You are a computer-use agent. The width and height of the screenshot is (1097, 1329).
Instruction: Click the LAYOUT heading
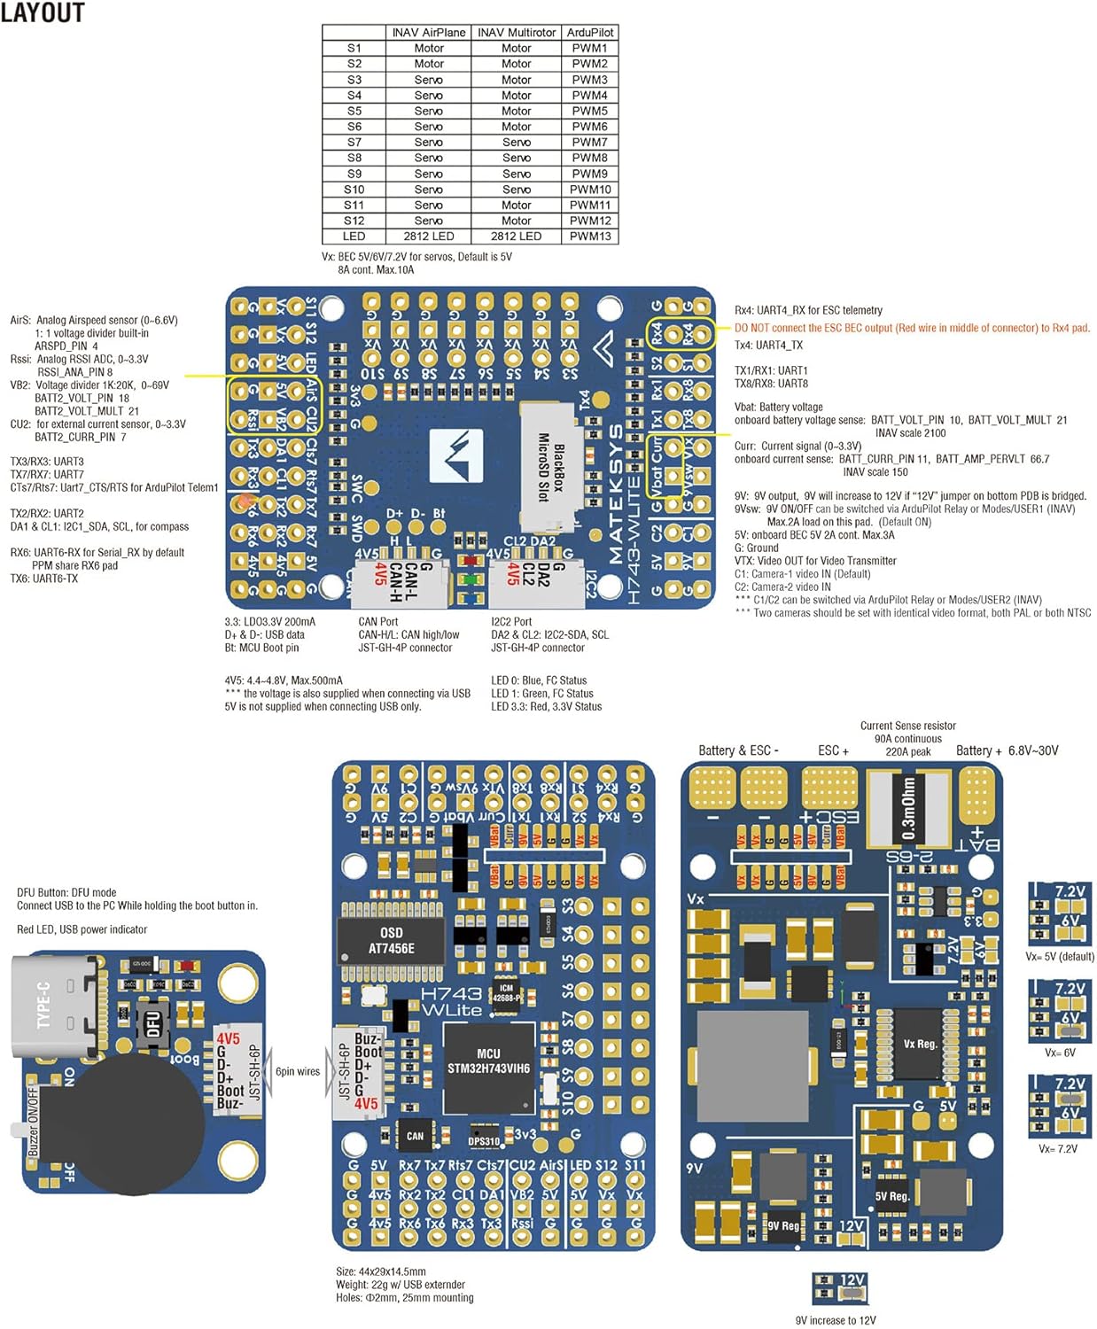coord(42,12)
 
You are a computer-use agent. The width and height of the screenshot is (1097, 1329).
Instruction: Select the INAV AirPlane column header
coord(428,33)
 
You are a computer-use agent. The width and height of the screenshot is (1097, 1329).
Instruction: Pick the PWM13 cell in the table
coord(590,237)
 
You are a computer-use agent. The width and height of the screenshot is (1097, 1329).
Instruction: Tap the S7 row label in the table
coord(354,143)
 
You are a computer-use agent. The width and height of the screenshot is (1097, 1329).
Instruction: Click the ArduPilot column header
coord(590,33)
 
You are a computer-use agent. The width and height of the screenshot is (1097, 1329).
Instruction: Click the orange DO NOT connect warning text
coord(912,328)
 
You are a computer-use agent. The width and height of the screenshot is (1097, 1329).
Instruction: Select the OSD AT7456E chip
coord(391,941)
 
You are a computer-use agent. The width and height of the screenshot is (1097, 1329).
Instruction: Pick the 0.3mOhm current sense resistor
coord(909,808)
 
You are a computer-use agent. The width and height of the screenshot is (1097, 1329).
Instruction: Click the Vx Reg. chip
coord(920,1044)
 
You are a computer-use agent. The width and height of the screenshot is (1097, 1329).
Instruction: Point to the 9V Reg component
coord(783,1226)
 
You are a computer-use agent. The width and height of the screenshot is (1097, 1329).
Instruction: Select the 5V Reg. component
coord(892,1196)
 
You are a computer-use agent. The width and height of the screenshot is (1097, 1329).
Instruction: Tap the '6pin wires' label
coord(298,1072)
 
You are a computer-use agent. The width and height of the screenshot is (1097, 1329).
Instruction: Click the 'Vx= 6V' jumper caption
coord(1060,1053)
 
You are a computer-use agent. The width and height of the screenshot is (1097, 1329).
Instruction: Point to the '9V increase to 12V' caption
coord(836,1320)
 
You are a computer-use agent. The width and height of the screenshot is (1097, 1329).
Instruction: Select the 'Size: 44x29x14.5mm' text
coord(381,1271)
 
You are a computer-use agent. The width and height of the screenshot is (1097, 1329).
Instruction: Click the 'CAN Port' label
coord(378,622)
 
